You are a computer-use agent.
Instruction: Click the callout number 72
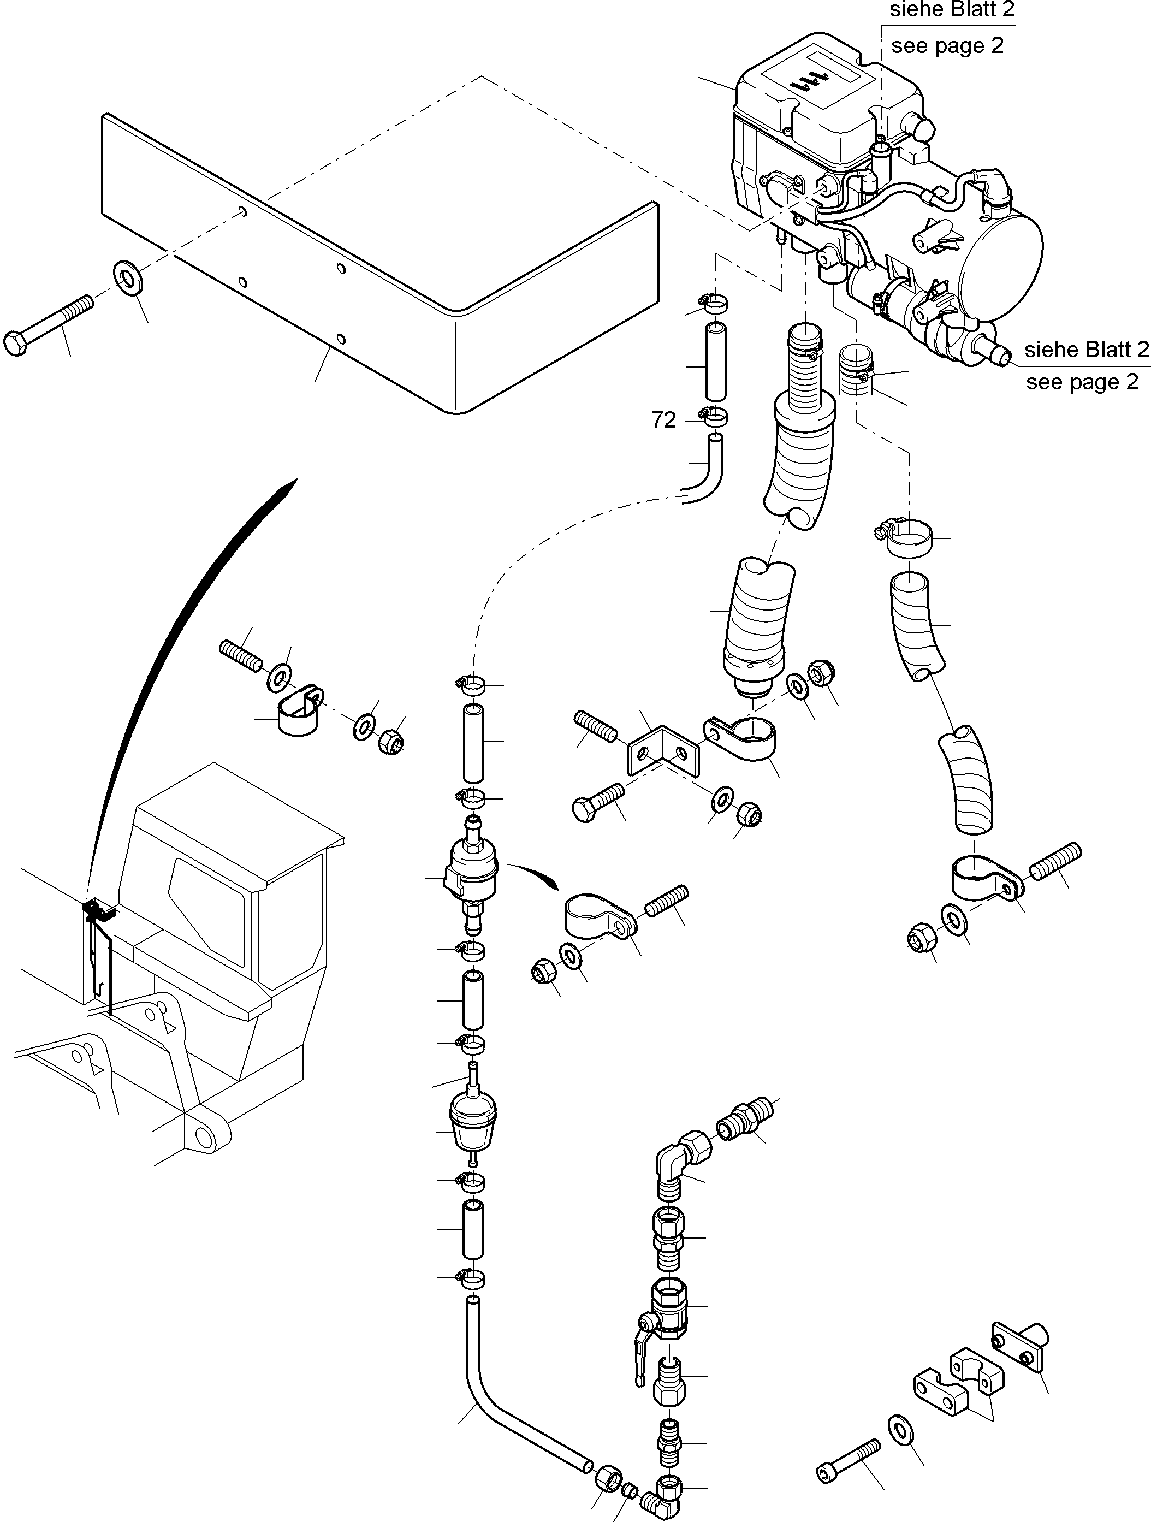pos(664,420)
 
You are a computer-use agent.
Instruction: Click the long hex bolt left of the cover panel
pos(48,325)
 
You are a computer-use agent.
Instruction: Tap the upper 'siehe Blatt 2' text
pos(952,10)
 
